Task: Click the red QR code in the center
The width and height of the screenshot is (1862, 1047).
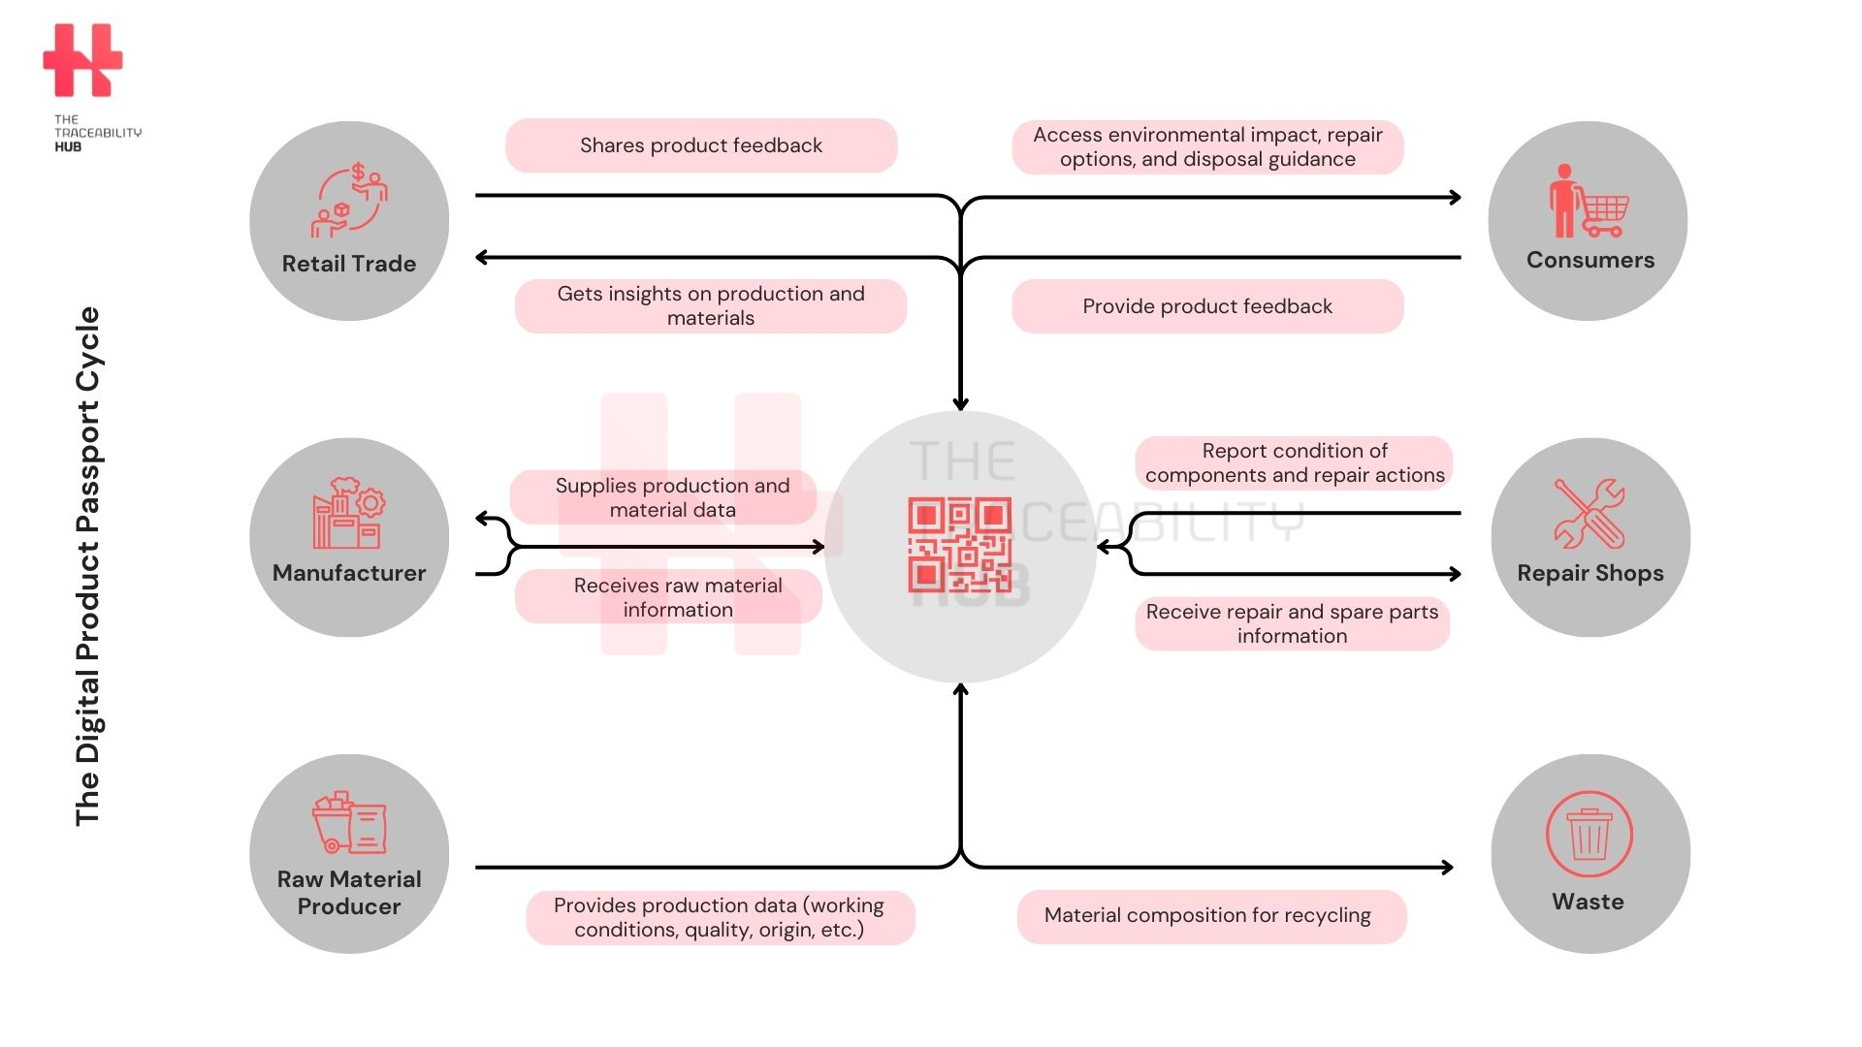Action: click(x=959, y=545)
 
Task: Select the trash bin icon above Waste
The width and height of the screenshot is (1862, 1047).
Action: click(x=1589, y=834)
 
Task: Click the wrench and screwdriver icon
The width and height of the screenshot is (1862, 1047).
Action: click(x=1589, y=513)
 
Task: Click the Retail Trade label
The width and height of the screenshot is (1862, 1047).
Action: click(x=349, y=264)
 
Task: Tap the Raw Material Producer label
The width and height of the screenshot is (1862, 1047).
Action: click(x=349, y=893)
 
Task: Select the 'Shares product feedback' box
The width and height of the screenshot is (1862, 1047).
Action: click(x=701, y=145)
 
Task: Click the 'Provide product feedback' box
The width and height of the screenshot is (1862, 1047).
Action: click(x=1207, y=306)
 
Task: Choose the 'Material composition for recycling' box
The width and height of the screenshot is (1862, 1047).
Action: click(x=1211, y=916)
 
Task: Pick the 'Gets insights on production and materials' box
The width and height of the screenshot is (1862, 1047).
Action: click(x=711, y=306)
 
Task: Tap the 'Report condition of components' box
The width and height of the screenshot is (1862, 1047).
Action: click(x=1294, y=462)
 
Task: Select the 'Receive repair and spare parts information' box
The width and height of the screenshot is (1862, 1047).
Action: click(x=1292, y=623)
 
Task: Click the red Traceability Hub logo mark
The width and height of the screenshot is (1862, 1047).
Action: click(x=82, y=60)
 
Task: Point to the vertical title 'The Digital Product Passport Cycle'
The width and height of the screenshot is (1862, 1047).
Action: click(x=88, y=566)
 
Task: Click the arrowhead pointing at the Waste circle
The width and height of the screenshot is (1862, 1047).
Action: click(x=1448, y=867)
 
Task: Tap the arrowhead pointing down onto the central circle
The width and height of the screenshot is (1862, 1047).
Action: click(x=960, y=403)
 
